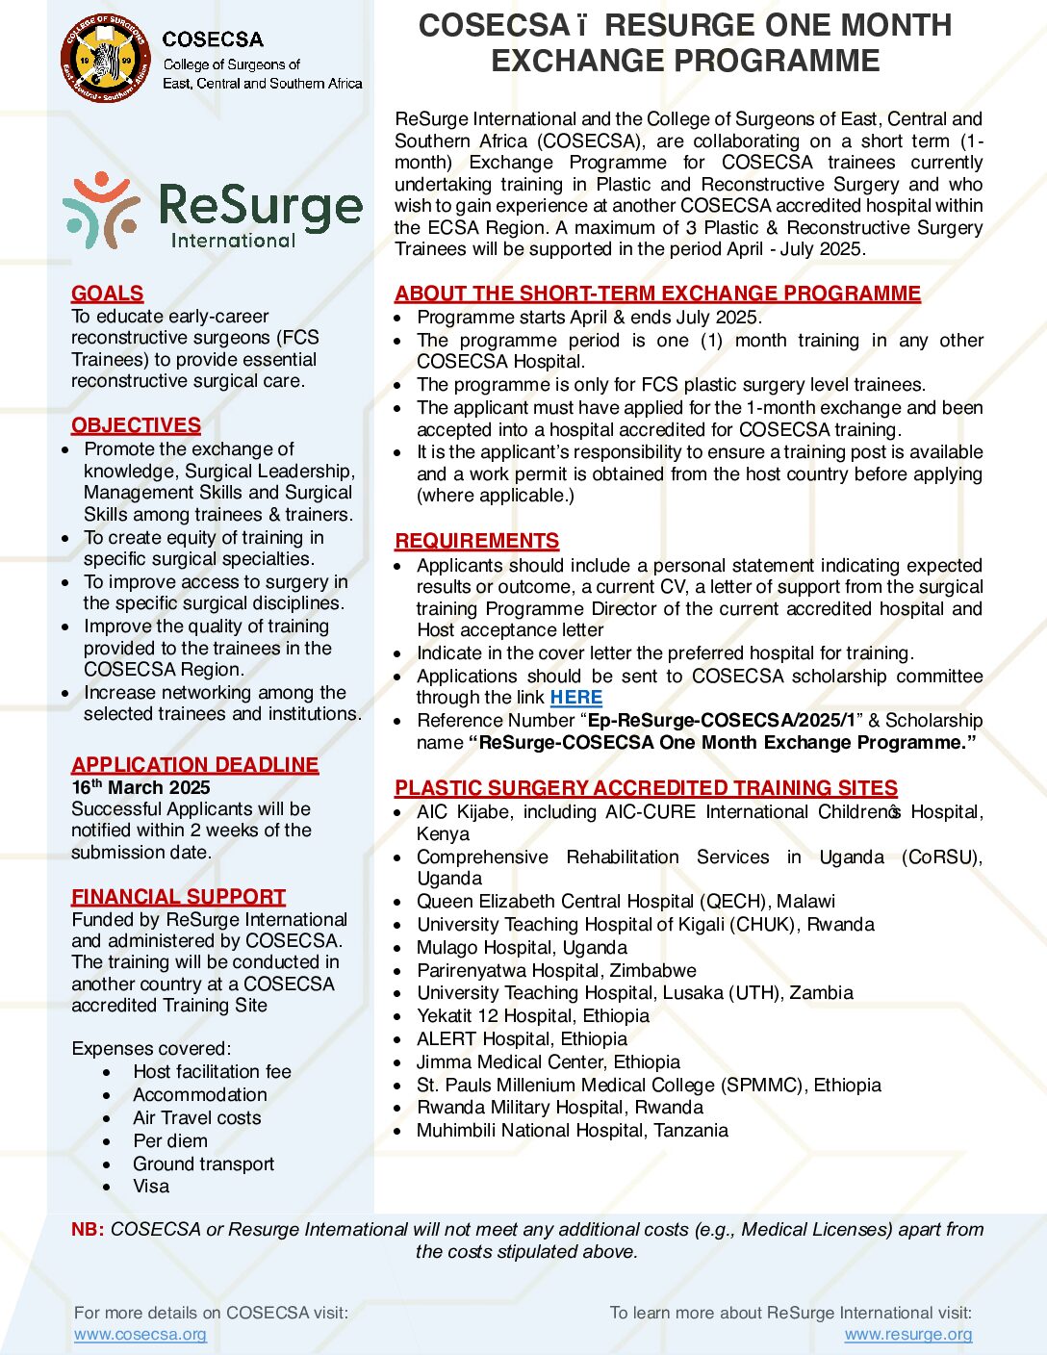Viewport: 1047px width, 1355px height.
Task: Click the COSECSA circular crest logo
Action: point(105,58)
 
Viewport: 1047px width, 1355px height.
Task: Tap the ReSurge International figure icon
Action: point(100,209)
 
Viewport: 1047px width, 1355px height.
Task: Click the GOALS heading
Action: point(107,294)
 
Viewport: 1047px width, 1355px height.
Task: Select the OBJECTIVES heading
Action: point(136,425)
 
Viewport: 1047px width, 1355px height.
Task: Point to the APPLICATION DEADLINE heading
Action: point(194,765)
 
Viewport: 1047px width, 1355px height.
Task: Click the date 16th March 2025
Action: point(140,787)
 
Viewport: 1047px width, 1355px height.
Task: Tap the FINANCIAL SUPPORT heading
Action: point(178,897)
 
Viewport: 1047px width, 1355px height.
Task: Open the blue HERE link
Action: point(575,698)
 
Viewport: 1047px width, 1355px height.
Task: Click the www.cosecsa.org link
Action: point(140,1334)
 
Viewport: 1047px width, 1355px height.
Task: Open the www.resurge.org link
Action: point(907,1334)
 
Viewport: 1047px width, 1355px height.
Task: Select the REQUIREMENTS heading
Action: point(476,541)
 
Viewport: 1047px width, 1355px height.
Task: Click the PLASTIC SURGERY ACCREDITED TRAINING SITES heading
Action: point(646,788)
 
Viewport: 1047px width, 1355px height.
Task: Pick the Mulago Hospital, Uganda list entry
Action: point(522,948)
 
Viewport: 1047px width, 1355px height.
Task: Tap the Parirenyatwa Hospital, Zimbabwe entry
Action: point(556,970)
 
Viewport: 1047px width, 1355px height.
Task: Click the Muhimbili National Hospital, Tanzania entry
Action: point(572,1131)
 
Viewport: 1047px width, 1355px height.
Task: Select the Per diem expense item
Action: point(170,1141)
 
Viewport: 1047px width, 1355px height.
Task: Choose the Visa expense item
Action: point(151,1187)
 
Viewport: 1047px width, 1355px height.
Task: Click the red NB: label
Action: point(88,1229)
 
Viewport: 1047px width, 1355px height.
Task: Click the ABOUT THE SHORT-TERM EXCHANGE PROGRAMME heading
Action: point(657,294)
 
